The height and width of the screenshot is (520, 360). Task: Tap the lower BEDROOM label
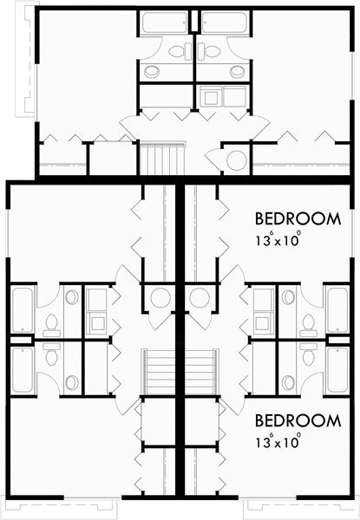coord(298,421)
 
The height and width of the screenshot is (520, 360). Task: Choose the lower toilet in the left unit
coord(50,358)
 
